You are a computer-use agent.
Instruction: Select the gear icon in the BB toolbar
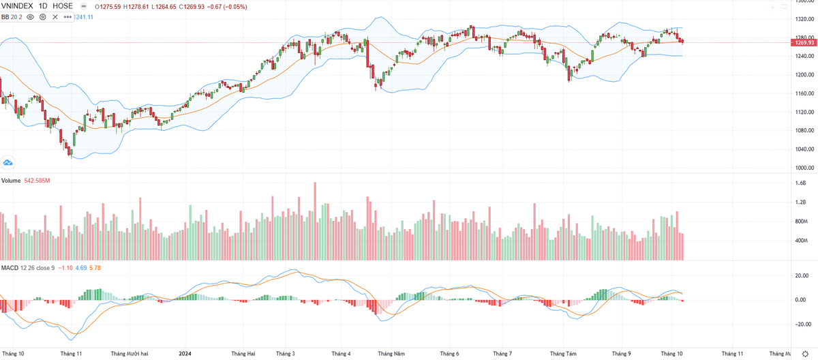(42, 16)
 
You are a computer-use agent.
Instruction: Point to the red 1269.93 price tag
(802, 42)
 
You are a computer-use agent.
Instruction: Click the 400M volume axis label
(800, 241)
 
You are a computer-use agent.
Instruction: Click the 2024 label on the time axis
(185, 354)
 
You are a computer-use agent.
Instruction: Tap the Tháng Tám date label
(563, 354)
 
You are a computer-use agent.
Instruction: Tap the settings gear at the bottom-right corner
(805, 354)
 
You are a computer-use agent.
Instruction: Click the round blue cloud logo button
(8, 163)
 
